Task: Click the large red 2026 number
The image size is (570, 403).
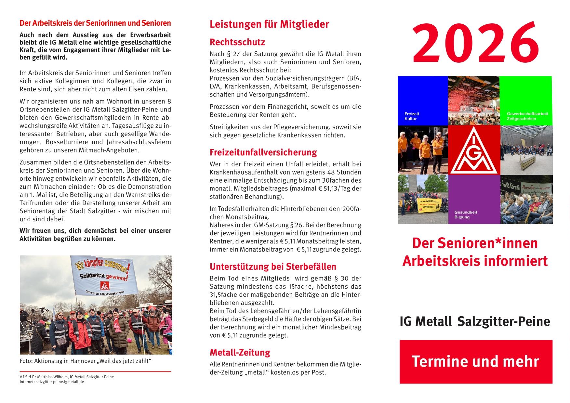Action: [475, 44]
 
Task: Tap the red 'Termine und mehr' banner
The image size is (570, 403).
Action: [476, 361]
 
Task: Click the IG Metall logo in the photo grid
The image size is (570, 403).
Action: [474, 150]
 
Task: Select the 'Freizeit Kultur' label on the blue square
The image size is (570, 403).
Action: [412, 116]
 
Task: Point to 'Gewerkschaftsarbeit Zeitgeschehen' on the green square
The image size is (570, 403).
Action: [527, 116]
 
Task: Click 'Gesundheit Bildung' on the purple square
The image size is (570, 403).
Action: [466, 214]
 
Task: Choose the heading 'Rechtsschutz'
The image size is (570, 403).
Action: [237, 42]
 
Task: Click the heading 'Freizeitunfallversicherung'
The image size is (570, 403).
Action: [263, 152]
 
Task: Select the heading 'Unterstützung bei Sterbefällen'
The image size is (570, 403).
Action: [273, 267]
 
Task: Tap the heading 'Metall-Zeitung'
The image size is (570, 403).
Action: [240, 353]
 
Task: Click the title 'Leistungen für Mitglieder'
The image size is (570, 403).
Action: [269, 24]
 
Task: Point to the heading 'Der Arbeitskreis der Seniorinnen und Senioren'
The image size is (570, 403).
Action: [95, 23]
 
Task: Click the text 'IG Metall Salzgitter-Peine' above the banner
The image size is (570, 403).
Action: [475, 321]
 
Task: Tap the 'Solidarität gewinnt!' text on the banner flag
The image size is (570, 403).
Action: [104, 277]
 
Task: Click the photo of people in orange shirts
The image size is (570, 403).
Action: [422, 150]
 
